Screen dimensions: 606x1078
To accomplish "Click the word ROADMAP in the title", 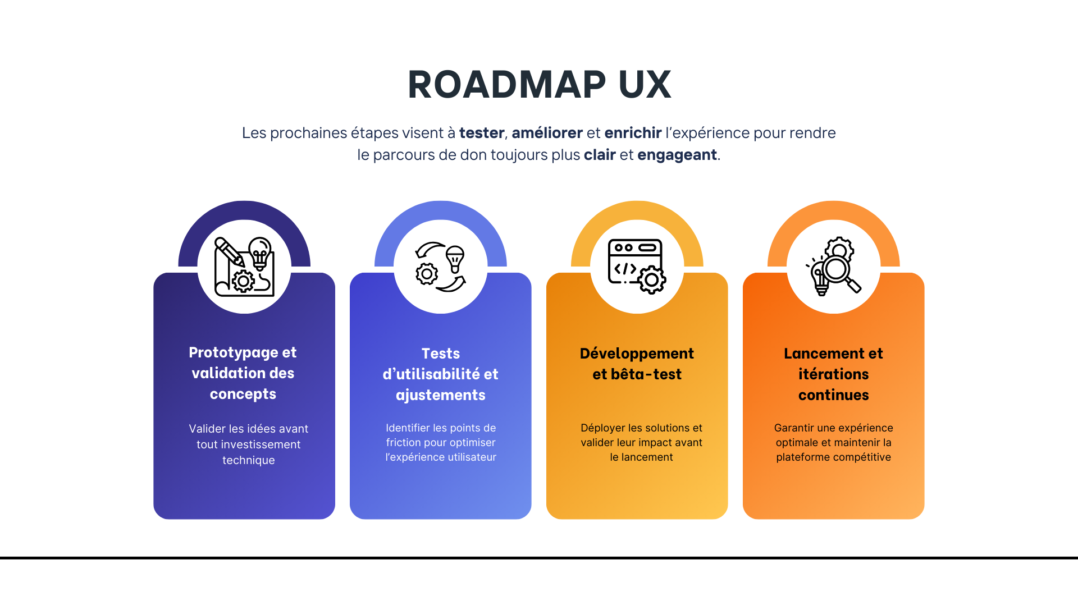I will (506, 85).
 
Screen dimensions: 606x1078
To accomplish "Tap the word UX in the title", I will (645, 85).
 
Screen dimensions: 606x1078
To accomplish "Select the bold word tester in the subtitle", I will (481, 133).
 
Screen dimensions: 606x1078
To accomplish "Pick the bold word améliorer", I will (547, 133).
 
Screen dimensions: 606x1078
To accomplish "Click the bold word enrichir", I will (633, 133).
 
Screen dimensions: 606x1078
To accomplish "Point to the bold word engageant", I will (677, 155).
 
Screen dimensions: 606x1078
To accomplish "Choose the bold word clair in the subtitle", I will (600, 155).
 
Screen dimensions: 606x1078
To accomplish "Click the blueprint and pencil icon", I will (244, 267).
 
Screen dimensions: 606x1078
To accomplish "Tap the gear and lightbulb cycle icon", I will (441, 267).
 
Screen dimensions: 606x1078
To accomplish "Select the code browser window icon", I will (637, 266).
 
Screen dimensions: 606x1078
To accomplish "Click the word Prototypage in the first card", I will (233, 352).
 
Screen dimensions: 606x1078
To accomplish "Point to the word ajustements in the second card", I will (441, 395).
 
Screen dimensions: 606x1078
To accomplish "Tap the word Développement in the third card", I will (637, 353).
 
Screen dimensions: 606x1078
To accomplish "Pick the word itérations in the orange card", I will (834, 374).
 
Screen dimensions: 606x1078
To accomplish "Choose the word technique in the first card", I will (249, 460).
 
